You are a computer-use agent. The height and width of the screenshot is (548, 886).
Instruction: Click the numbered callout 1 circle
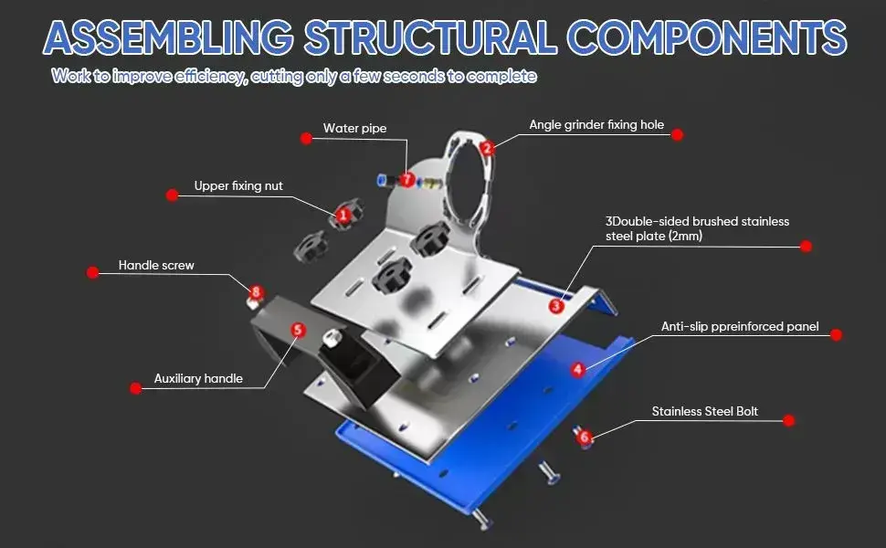343,215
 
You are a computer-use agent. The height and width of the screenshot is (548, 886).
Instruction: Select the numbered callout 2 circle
487,147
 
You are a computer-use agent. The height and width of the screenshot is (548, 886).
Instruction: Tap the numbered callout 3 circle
556,306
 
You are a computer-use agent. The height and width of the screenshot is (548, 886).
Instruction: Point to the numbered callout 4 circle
578,370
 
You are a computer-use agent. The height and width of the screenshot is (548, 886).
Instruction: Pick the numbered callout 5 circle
297,330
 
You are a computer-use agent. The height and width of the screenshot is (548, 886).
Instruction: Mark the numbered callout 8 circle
257,292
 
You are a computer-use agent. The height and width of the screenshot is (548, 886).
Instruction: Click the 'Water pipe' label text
354,129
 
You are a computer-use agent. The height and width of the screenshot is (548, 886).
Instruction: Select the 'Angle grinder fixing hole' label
596,124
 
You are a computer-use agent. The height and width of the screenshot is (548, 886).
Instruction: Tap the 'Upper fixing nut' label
238,186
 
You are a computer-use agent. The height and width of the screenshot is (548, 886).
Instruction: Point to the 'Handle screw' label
156,266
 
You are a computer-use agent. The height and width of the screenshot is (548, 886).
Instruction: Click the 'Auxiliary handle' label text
198,378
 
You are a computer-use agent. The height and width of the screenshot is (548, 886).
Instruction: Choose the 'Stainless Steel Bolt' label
704,411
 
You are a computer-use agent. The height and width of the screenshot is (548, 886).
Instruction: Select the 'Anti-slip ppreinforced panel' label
740,326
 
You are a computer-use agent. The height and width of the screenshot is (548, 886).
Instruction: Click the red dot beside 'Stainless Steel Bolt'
790,421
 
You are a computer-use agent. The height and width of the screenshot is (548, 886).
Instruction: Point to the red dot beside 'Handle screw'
92,272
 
